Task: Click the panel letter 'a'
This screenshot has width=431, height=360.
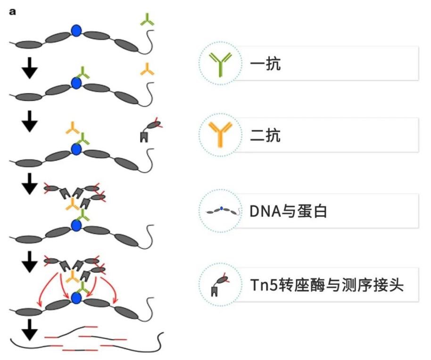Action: tap(13, 10)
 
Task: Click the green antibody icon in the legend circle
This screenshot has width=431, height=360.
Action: tap(220, 64)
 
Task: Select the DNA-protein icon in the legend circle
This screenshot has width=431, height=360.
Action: tap(220, 211)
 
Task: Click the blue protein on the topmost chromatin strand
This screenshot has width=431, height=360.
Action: tap(76, 31)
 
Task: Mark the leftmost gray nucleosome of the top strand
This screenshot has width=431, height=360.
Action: tap(29, 44)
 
